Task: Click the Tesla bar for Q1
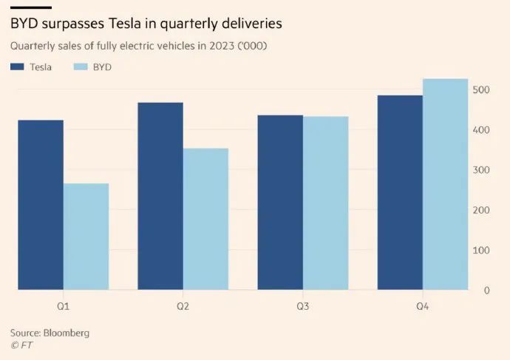tap(41, 205)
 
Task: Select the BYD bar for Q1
tap(86, 237)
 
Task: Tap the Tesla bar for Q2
tap(160, 196)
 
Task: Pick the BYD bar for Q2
tap(205, 219)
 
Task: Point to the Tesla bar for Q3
tap(280, 203)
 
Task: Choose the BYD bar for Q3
tap(325, 203)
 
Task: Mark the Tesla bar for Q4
tap(400, 192)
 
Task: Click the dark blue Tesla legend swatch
tap(17, 67)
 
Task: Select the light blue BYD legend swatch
tap(80, 67)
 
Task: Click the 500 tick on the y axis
tap(481, 90)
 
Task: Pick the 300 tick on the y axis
tap(481, 170)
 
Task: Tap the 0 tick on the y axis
tap(486, 291)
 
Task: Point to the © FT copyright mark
tap(22, 344)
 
